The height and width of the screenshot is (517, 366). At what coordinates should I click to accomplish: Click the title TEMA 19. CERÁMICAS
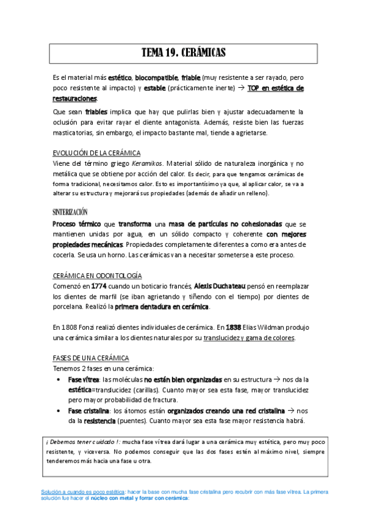tap(184, 53)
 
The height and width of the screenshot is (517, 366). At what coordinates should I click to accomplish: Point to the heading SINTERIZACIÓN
tap(70, 212)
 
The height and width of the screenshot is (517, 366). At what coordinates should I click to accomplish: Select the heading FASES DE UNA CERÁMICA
tap(91, 358)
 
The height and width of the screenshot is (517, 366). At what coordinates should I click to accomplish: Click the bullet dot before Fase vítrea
tap(57, 379)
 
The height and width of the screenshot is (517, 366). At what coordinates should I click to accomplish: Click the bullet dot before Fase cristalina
tap(57, 411)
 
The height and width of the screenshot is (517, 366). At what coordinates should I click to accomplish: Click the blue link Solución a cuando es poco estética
tap(83, 491)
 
